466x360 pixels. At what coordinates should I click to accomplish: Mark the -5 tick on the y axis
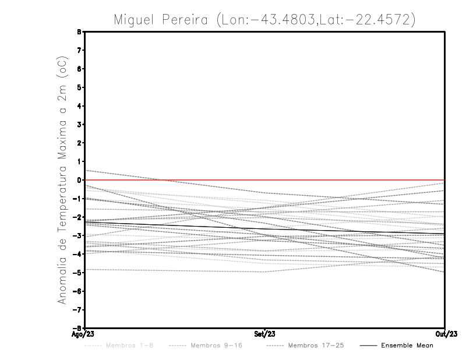pyautogui.click(x=79, y=273)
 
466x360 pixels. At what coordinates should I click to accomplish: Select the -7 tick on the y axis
pyautogui.click(x=79, y=310)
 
